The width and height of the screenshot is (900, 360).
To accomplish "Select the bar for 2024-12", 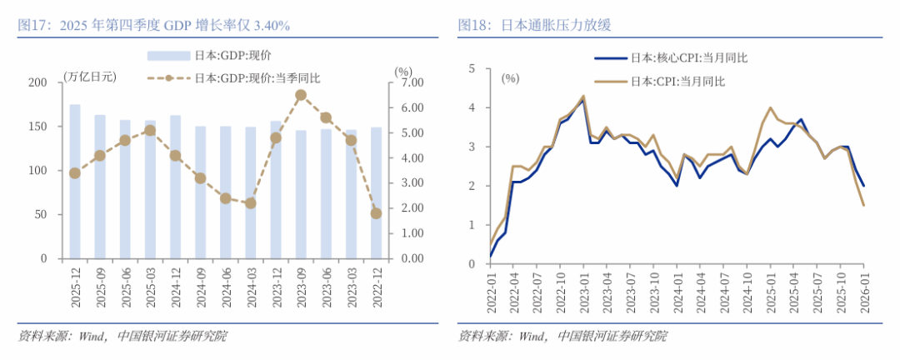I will coord(175,187).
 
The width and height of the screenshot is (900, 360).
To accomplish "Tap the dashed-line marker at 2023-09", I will coord(301,95).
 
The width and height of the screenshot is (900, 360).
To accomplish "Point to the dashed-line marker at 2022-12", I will coord(376,213).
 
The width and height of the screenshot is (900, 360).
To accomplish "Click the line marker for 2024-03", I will coord(251,202).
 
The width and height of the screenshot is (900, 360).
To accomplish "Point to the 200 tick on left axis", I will coord(37,82).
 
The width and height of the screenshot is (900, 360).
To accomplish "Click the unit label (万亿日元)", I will coord(90,77).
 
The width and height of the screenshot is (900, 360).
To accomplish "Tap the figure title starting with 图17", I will coord(154,26).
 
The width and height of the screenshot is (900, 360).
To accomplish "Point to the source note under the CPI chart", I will coord(562,337).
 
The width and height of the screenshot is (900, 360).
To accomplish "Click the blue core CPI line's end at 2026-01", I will coord(862,185).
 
